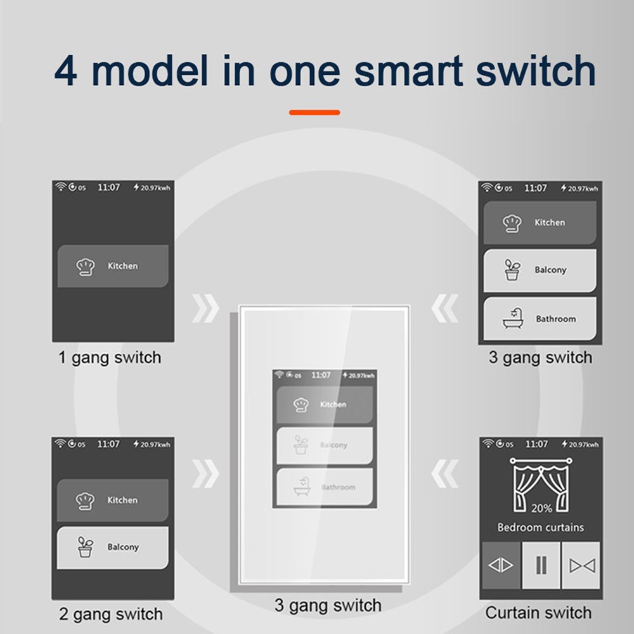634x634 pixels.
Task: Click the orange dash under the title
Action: pos(314,113)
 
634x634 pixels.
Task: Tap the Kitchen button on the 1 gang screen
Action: pos(113,266)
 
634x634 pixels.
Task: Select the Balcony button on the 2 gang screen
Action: pos(113,547)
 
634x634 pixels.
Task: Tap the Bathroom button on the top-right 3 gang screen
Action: pos(540,319)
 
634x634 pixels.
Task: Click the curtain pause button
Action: pos(541,565)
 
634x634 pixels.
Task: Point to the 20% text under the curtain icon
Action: pos(541,508)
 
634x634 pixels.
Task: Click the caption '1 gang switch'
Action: pos(110,358)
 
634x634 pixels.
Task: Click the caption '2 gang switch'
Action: pos(110,614)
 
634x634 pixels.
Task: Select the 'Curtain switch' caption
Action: pos(538,613)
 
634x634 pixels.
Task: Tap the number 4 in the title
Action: pos(66,72)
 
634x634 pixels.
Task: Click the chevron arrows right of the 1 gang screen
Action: pos(205,309)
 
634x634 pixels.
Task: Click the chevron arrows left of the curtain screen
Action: pos(445,473)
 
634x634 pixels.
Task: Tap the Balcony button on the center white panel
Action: pos(325,445)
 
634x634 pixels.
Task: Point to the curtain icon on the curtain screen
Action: pos(541,481)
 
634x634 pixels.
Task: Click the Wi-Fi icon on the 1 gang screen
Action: pos(61,188)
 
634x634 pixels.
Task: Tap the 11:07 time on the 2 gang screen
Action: pos(108,444)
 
